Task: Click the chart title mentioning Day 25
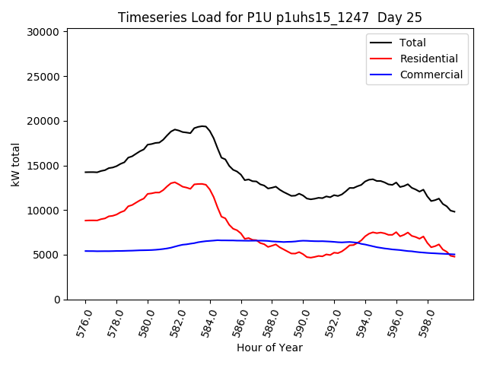[269, 17]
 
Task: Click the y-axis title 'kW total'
[16, 164]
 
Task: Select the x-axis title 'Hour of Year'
[269, 348]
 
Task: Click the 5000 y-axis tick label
[47, 255]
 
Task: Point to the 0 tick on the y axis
[58, 300]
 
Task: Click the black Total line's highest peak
[203, 126]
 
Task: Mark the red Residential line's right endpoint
[454, 256]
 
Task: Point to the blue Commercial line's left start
[85, 251]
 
